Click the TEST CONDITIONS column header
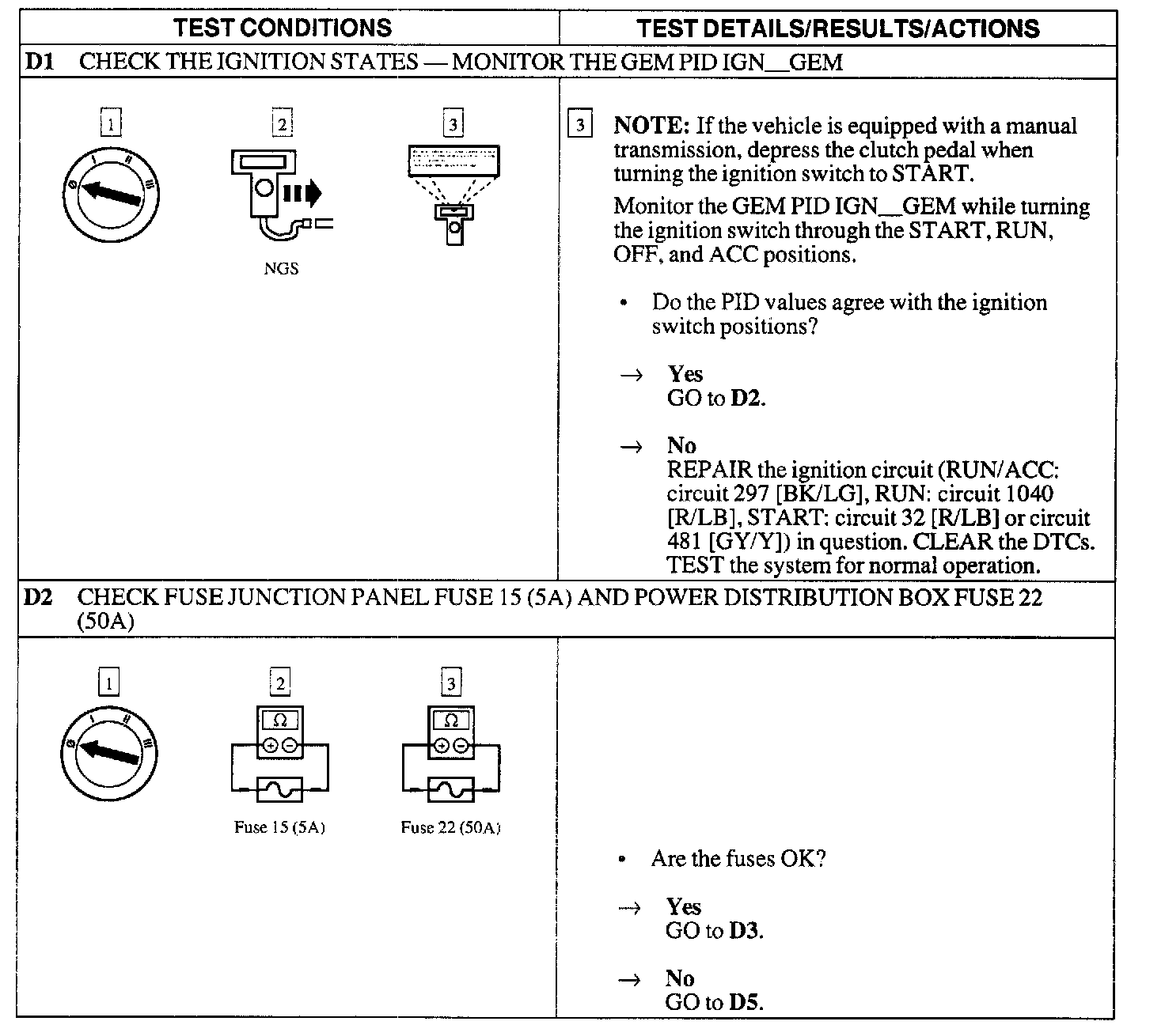pos(283,28)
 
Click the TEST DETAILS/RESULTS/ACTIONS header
pos(837,29)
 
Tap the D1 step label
pos(40,62)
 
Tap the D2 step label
pos(38,597)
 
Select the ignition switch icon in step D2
pos(109,752)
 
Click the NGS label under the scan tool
pos(281,269)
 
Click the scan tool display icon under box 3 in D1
pos(453,194)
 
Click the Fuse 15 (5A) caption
pos(279,827)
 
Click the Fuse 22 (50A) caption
pos(450,827)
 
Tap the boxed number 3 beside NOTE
pos(580,125)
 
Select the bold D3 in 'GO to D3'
pos(745,931)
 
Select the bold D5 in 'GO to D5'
pos(745,1002)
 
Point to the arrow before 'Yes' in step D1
pos(632,375)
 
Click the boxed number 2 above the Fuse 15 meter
pos(279,682)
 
